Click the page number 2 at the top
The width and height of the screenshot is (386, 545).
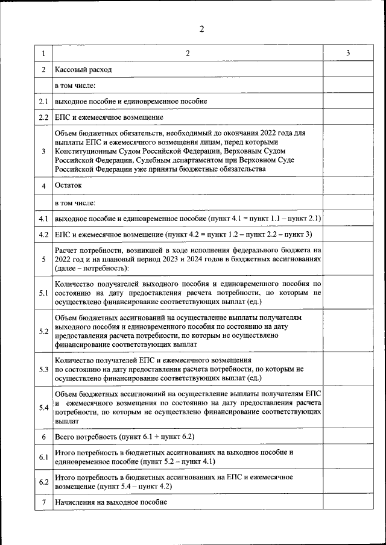click(x=202, y=30)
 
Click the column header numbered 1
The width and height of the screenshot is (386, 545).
click(x=43, y=54)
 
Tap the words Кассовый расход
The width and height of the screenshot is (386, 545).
click(x=83, y=70)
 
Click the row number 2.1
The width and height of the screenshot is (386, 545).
click(x=43, y=101)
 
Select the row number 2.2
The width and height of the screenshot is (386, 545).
click(x=43, y=117)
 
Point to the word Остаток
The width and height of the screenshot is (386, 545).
click(x=68, y=185)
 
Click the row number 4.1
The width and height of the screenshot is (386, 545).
click(x=43, y=218)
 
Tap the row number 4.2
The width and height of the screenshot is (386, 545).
click(x=43, y=234)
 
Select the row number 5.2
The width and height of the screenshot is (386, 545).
click(x=43, y=331)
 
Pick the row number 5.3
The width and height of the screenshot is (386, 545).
click(x=43, y=369)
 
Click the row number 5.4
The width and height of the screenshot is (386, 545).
click(x=43, y=407)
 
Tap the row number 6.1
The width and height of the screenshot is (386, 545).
click(x=43, y=457)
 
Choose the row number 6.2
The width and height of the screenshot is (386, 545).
click(x=43, y=482)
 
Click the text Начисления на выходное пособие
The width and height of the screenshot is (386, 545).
click(x=110, y=502)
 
